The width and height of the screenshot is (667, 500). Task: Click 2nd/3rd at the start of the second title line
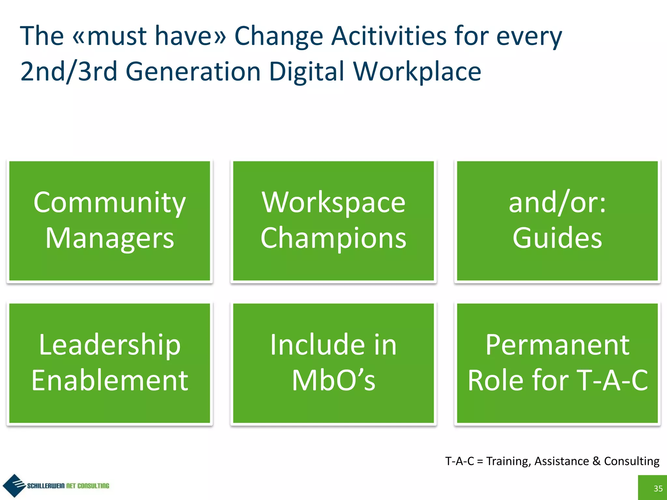click(69, 72)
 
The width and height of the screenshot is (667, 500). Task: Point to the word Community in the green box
click(109, 202)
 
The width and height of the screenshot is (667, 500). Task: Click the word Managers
click(109, 238)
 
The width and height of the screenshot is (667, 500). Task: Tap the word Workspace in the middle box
click(333, 202)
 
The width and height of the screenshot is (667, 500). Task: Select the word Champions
click(333, 238)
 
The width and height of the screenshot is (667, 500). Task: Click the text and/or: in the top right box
click(557, 202)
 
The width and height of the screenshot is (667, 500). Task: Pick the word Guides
click(557, 238)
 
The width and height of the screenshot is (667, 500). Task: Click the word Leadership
click(109, 345)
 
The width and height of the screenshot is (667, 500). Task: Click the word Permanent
click(557, 345)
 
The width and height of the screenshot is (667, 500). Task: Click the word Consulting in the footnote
click(632, 461)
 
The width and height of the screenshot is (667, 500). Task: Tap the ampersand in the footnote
click(596, 461)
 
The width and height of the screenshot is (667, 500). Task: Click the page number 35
click(658, 488)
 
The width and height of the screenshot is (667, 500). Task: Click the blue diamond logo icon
click(14, 485)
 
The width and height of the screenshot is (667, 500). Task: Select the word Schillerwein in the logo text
click(46, 486)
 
